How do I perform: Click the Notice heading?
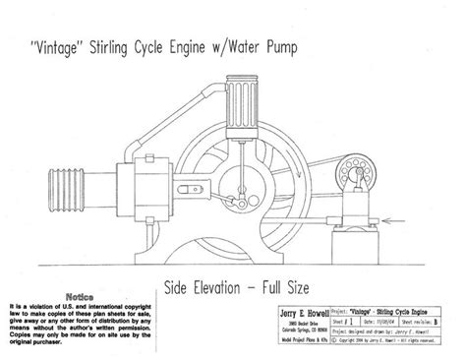(x=78, y=293)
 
